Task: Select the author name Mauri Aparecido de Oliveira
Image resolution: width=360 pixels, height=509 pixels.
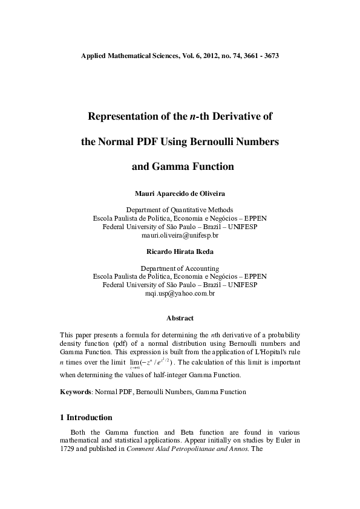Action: [x=180, y=193]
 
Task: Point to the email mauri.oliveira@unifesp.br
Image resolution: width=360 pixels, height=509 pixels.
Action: [x=180, y=235]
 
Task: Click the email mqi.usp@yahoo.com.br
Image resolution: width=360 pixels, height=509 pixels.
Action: [x=180, y=293]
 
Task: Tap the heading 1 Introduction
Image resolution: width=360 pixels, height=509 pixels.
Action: [x=87, y=417]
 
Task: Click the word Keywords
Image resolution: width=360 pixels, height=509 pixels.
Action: [x=75, y=392]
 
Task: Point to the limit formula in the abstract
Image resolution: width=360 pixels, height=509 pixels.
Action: [x=152, y=363]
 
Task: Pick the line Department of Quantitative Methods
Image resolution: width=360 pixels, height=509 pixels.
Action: [x=180, y=209]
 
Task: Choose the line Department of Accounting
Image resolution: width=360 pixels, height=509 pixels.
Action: [x=180, y=268]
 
